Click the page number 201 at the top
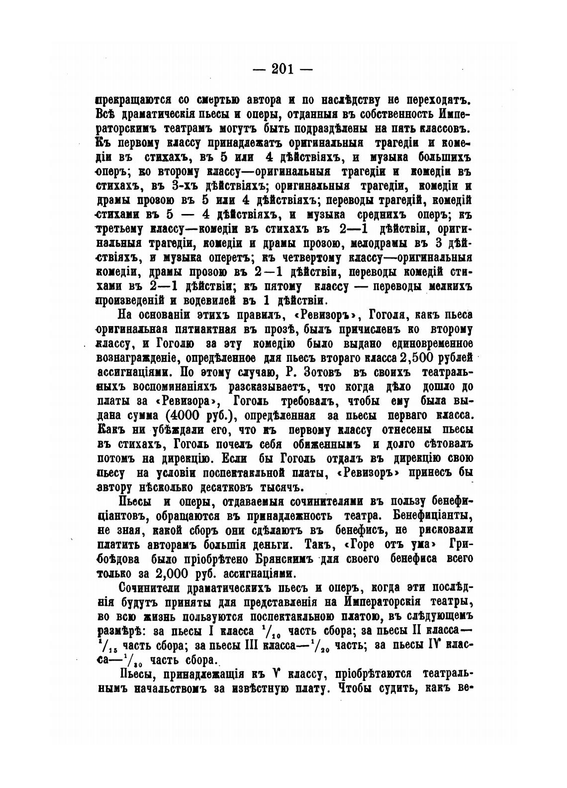(283, 69)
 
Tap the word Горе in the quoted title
(357, 544)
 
